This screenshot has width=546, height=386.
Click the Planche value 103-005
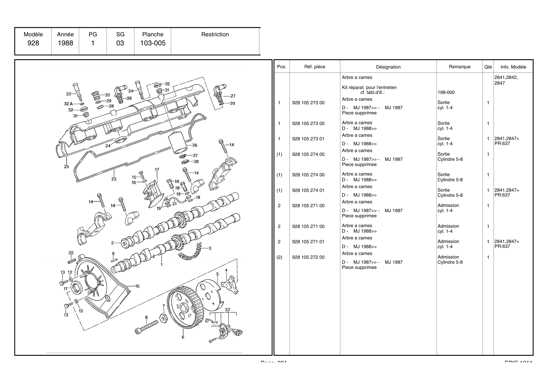pos(153,43)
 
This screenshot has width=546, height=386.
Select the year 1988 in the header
pos(65,43)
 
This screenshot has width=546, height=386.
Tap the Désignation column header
pos(388,67)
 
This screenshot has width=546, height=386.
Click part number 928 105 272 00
pos(308,257)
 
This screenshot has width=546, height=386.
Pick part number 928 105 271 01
pos(308,242)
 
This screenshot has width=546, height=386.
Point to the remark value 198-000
pos(446,92)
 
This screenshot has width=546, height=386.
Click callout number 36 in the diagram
pos(194,145)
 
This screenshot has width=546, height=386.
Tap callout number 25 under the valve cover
pos(66,167)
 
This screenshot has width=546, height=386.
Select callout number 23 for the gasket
pos(114,179)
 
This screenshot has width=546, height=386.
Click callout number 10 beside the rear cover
pos(137,286)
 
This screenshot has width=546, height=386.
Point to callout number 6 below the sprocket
pos(183,337)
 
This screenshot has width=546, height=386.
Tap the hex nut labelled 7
pos(163,318)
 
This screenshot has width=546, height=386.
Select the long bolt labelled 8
pos(147,327)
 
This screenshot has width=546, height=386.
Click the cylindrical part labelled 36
pos(177,142)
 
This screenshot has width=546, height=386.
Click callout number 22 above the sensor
pos(228,310)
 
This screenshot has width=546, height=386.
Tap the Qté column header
pos(488,67)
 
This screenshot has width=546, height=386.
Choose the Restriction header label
pos(215,34)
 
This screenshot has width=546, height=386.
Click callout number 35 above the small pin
pos(71,253)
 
